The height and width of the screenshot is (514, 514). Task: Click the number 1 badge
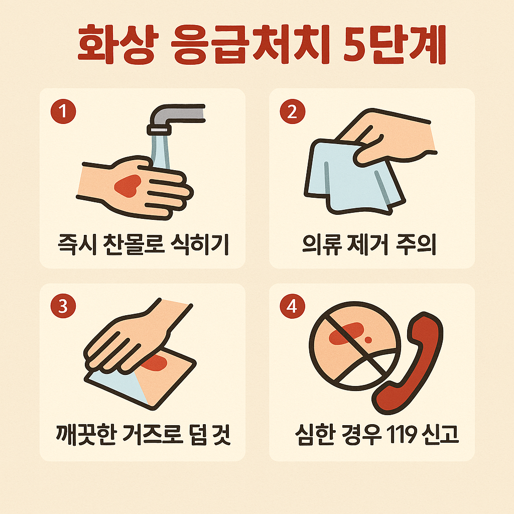[x=63, y=111]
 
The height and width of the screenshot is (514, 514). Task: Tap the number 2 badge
[x=293, y=111]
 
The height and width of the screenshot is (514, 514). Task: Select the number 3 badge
[x=63, y=306]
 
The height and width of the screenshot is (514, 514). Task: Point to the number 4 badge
[x=293, y=306]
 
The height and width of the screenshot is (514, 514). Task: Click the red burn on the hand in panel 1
[x=127, y=186]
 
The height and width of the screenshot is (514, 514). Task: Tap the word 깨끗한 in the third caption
[x=86, y=435]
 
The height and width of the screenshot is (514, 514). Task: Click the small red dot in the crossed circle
[x=368, y=340]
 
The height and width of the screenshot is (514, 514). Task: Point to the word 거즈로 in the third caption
[x=153, y=435]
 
